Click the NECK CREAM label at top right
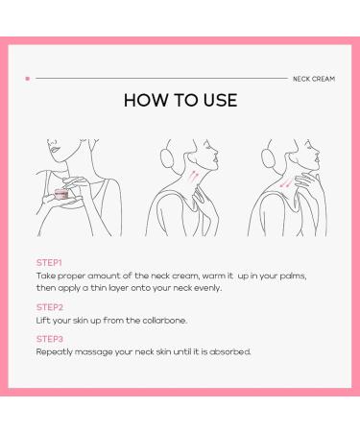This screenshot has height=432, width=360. click(313, 78)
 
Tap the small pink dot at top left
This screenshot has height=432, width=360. click(27, 78)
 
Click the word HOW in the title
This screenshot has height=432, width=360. click(148, 101)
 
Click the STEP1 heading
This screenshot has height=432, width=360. click(49, 261)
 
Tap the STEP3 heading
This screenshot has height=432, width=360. click(49, 339)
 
